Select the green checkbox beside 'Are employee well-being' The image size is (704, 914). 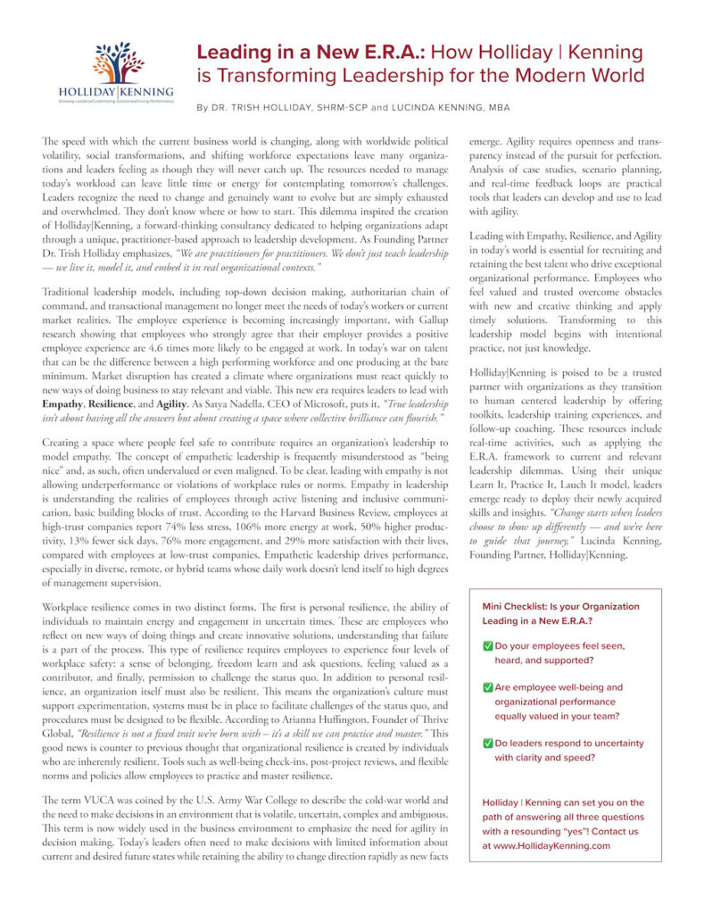click(x=487, y=688)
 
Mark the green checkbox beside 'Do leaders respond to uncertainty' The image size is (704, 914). click(x=487, y=743)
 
